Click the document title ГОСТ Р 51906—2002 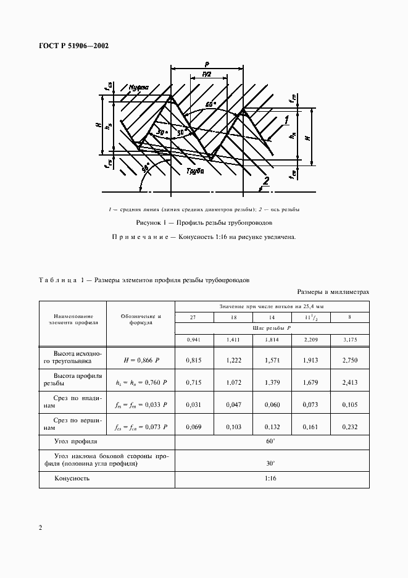tap(73, 46)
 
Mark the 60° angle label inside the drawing tap(210, 105)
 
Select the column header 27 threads tap(193, 317)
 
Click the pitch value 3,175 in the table tap(350, 340)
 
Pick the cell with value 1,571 tap(272, 359)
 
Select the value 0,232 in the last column tap(350, 427)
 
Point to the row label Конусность tap(72, 478)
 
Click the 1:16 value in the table tap(272, 478)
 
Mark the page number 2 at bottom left tap(40, 528)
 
